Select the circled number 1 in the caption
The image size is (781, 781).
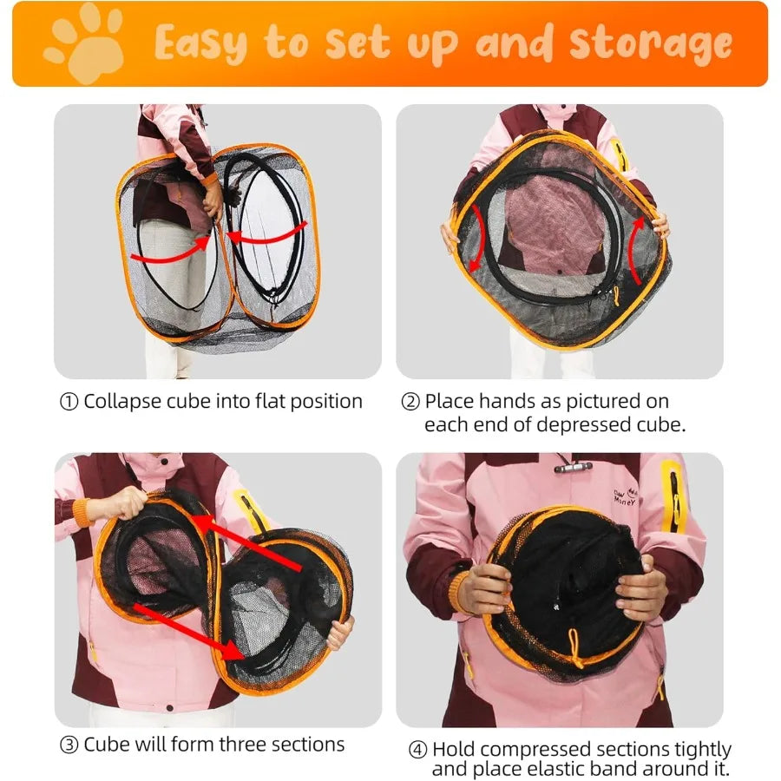[69, 402]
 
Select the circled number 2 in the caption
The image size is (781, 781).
[410, 402]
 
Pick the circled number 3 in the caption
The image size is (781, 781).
[69, 745]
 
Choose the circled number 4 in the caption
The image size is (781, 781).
[417, 750]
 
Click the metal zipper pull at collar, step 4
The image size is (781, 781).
[573, 467]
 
